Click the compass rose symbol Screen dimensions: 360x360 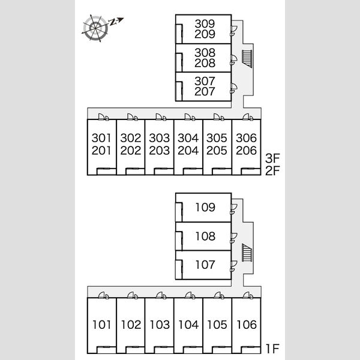tap(96, 28)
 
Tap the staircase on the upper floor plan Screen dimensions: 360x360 tap(247, 59)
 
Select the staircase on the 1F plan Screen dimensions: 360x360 tap(247, 253)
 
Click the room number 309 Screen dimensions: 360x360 tap(205, 23)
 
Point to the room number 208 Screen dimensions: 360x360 tap(205, 63)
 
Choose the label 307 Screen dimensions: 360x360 tap(205, 81)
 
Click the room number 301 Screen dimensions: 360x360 tap(101, 138)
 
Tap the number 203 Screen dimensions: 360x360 tap(160, 151)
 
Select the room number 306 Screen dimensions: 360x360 tap(246, 138)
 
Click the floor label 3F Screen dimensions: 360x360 tap(272, 158)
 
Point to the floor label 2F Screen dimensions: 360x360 tap(272, 170)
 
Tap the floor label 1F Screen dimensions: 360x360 tap(272, 349)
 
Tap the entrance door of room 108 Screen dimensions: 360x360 tap(234, 238)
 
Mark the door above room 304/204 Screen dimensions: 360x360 tap(190, 117)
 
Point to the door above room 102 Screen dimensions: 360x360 tap(133, 295)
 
